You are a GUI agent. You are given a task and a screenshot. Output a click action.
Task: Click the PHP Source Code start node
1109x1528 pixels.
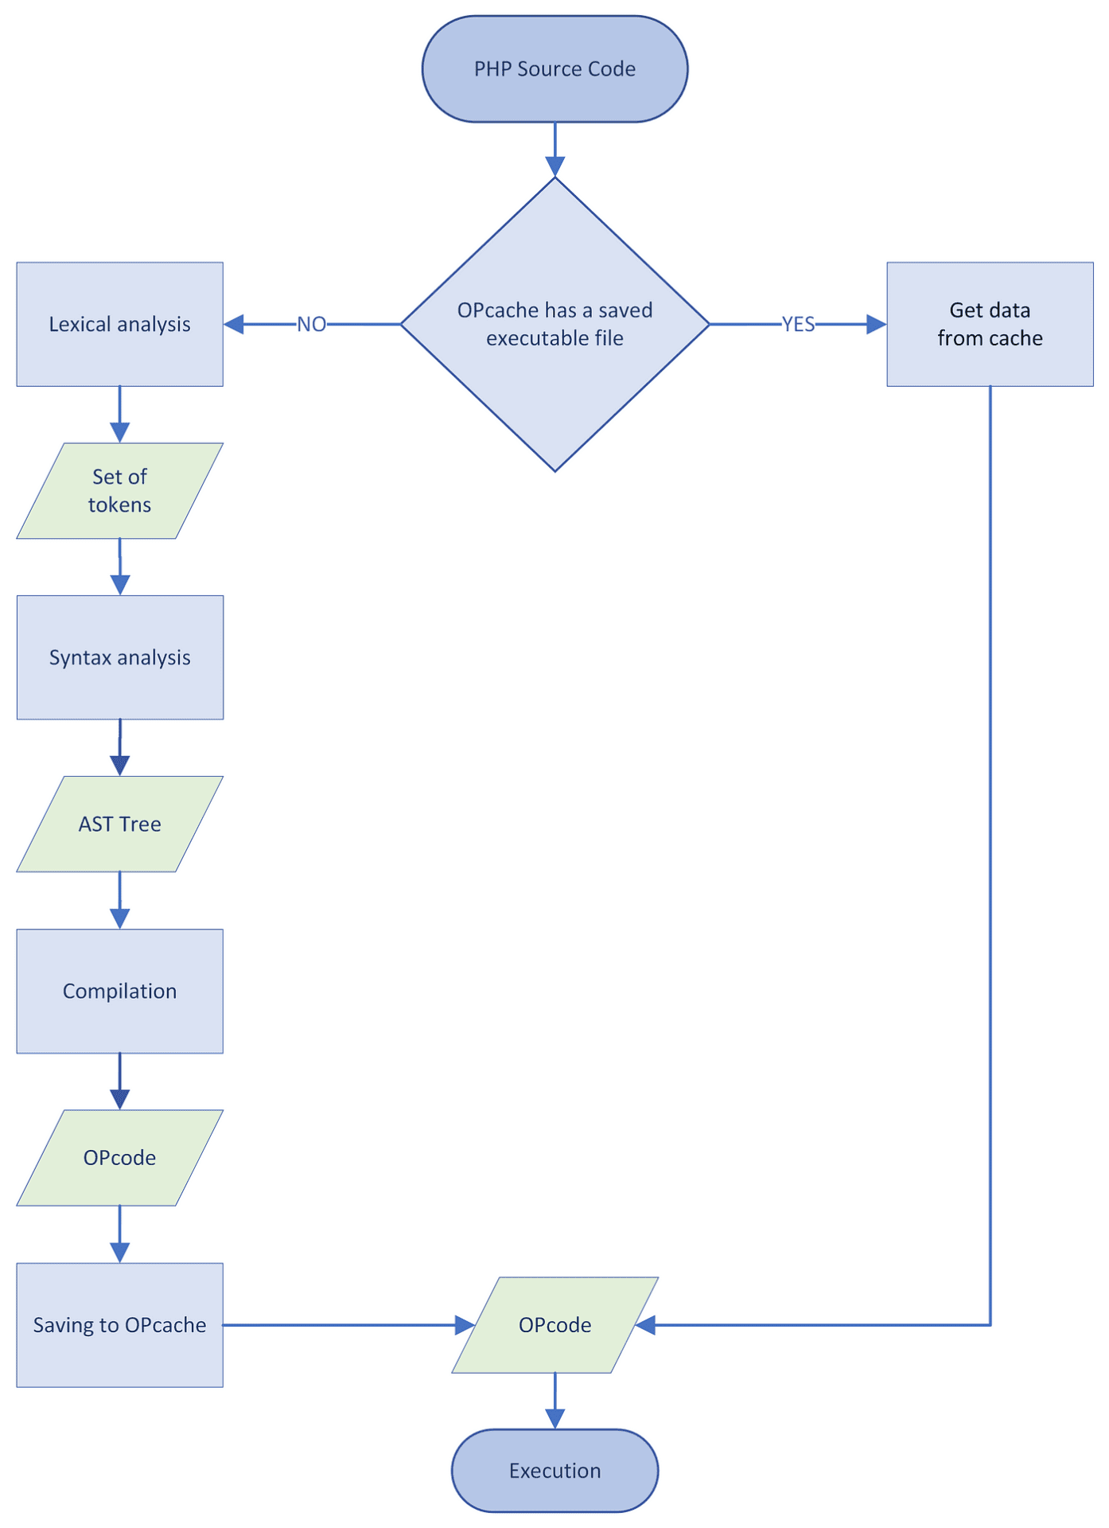click(554, 69)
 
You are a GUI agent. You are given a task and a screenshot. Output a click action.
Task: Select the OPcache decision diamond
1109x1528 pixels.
click(554, 374)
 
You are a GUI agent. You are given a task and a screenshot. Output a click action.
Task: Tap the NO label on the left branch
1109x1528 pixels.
click(311, 325)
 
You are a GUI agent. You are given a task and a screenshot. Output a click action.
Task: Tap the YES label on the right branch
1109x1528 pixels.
click(798, 325)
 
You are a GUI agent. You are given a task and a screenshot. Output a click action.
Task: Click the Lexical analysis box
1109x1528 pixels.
click(119, 325)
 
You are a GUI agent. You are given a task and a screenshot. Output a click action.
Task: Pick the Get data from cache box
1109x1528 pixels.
click(990, 325)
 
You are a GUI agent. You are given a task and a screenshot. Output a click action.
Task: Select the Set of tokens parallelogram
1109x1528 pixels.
click(119, 491)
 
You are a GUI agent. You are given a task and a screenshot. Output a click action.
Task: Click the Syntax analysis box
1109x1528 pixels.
click(119, 657)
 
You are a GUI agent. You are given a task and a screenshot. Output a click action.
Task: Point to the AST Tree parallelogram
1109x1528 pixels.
click(119, 824)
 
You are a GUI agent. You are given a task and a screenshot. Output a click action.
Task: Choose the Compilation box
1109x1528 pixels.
click(119, 992)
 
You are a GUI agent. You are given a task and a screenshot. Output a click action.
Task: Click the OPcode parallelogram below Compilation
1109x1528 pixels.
click(119, 1158)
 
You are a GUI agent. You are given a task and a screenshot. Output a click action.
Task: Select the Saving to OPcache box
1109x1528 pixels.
click(119, 1325)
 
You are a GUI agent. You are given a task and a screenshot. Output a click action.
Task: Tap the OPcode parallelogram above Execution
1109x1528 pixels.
click(554, 1325)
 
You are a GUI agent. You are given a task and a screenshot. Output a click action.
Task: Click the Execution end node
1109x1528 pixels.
click(554, 1471)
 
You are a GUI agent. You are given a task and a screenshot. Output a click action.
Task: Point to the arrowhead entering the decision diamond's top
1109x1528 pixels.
click(554, 166)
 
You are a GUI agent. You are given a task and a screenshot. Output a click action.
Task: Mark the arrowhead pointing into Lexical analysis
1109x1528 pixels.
click(234, 325)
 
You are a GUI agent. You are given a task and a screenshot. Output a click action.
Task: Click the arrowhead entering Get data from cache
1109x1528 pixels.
click(876, 325)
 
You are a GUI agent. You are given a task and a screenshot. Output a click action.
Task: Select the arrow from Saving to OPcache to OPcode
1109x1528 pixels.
click(342, 1325)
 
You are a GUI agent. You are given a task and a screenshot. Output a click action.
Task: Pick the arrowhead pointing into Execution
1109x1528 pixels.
click(554, 1418)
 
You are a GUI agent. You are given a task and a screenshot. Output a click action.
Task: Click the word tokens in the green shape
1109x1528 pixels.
click(119, 505)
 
